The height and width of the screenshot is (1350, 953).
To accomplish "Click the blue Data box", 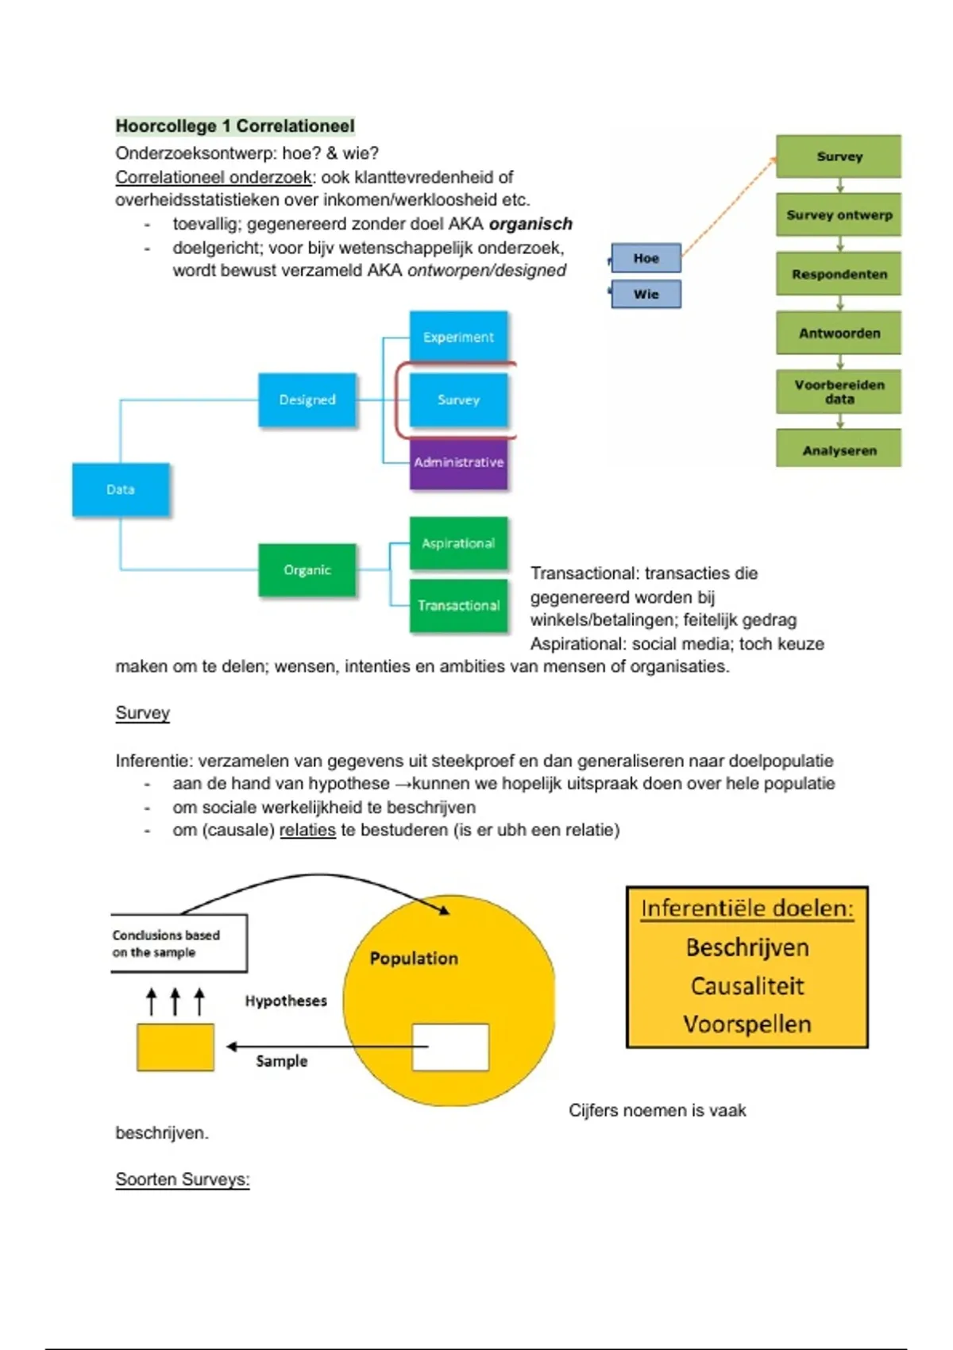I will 121,489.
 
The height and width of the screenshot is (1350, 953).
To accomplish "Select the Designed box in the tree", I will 307,399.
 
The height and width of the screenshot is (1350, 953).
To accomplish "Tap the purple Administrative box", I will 458,463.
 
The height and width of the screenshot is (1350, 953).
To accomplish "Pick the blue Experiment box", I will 458,337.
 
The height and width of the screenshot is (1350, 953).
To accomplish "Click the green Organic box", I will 307,569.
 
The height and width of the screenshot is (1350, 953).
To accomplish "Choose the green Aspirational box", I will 458,543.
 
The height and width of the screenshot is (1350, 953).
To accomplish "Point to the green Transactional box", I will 458,605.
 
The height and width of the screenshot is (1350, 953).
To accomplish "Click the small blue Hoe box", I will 646,258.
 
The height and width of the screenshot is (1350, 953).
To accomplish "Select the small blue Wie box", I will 646,294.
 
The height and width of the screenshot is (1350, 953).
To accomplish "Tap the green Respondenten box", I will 839,274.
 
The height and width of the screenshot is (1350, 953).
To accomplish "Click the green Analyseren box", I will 839,449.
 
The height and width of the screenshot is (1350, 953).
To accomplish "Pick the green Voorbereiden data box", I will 839,391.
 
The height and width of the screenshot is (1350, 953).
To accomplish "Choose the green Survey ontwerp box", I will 839,214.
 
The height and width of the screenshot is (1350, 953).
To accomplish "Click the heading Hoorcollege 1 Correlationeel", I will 235,125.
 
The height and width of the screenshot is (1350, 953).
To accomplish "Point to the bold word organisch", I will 531,224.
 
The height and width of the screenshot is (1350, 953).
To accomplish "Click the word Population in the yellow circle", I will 414,958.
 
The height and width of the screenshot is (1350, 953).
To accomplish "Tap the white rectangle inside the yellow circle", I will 450,1047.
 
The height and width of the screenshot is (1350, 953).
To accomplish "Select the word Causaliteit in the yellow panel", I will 747,986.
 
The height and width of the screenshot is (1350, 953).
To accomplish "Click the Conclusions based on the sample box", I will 178,943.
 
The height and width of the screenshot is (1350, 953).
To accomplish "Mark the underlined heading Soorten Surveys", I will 183,1179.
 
